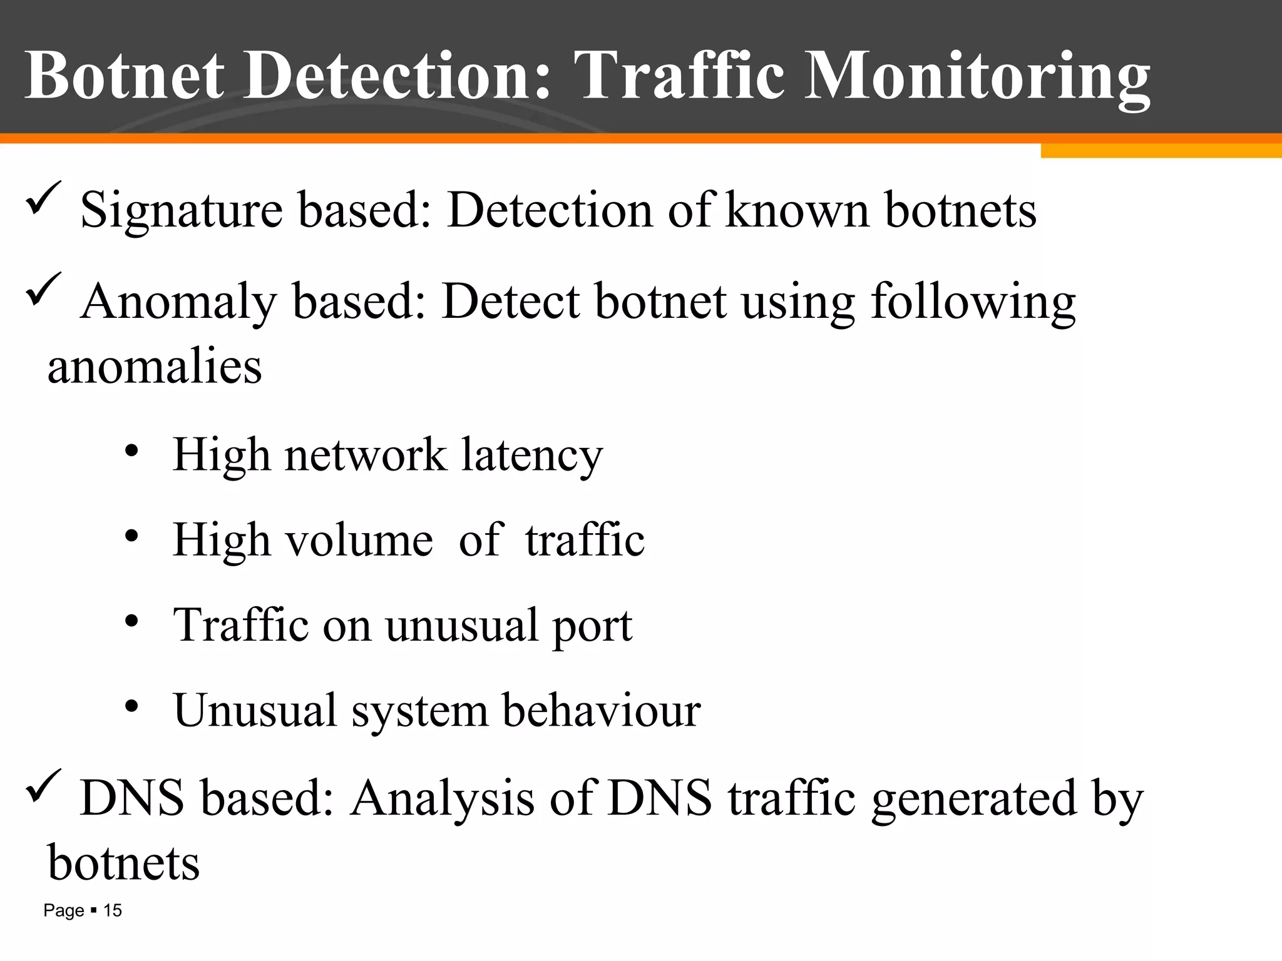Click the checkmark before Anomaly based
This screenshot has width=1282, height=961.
click(44, 290)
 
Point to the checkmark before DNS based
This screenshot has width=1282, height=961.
click(44, 786)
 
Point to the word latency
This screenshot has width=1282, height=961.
click(532, 455)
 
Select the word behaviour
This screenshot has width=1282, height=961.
click(602, 711)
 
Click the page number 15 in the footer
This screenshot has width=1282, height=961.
click(113, 911)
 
